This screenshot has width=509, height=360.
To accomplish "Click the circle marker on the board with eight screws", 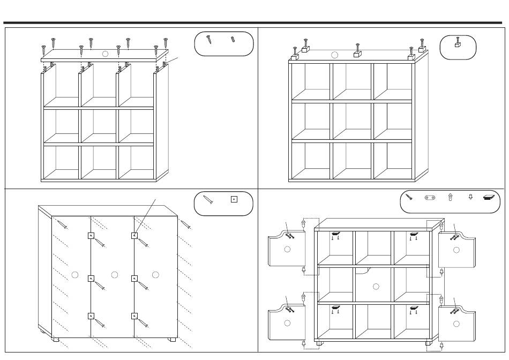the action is pyautogui.click(x=105, y=54).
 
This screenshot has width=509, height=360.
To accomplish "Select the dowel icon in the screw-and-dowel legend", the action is pyautogui.click(x=233, y=39).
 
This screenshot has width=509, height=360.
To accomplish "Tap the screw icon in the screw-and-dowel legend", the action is pyautogui.click(x=209, y=39).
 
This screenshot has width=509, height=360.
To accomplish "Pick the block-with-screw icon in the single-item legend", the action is pyautogui.click(x=457, y=42).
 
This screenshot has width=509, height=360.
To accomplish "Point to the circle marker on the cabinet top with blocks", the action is pyautogui.click(x=335, y=55).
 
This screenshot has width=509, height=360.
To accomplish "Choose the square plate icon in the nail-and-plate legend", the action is pyautogui.click(x=234, y=199).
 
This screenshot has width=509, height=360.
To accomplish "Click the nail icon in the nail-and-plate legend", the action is pyautogui.click(x=208, y=200).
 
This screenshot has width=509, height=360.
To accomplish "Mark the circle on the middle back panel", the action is pyautogui.click(x=114, y=275).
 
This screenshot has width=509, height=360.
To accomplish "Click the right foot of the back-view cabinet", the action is pyautogui.click(x=172, y=339).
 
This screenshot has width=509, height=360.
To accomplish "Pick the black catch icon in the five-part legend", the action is pyautogui.click(x=490, y=197).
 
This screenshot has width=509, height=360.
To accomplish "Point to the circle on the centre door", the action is pyautogui.click(x=376, y=287).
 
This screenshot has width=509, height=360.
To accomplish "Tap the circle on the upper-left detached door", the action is pyautogui.click(x=287, y=249).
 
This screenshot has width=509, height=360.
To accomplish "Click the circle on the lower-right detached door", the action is pyautogui.click(x=456, y=324).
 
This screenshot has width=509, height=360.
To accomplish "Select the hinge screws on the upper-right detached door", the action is pyautogui.click(x=455, y=235).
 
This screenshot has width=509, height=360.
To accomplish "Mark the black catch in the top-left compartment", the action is pyautogui.click(x=335, y=234).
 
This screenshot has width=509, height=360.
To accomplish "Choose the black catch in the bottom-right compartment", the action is pyautogui.click(x=414, y=307).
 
